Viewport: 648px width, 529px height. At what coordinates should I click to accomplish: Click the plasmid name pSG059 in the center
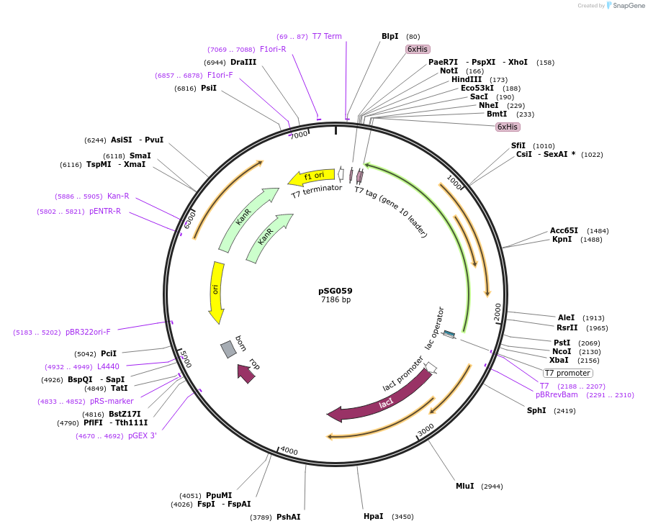(x=336, y=291)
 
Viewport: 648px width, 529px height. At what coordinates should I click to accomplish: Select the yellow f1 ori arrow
(x=311, y=177)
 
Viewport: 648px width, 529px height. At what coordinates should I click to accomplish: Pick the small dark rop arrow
(x=246, y=373)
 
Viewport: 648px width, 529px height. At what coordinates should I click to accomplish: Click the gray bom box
(x=228, y=348)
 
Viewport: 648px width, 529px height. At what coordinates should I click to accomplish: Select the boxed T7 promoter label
(x=567, y=373)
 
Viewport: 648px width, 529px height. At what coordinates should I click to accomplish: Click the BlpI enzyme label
(x=390, y=36)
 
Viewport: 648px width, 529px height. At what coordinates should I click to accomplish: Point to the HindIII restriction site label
(x=466, y=79)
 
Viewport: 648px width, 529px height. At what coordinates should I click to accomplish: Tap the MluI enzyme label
(x=464, y=486)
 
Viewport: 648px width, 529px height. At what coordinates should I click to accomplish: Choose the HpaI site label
(x=373, y=516)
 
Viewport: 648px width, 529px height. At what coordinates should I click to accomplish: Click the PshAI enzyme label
(x=288, y=516)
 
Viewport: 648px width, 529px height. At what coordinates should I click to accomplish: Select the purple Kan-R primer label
(x=118, y=196)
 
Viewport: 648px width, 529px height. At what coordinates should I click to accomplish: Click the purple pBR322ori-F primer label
(x=88, y=333)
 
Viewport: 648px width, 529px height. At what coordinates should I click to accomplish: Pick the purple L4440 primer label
(x=108, y=366)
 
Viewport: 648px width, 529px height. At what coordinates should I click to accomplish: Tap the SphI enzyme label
(x=536, y=410)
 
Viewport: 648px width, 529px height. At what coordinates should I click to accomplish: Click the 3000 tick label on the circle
(x=426, y=429)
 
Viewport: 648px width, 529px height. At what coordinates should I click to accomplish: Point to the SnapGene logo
(x=625, y=6)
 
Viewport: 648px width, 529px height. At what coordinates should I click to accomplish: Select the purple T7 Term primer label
(x=327, y=36)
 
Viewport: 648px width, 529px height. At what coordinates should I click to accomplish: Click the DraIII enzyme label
(x=243, y=62)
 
